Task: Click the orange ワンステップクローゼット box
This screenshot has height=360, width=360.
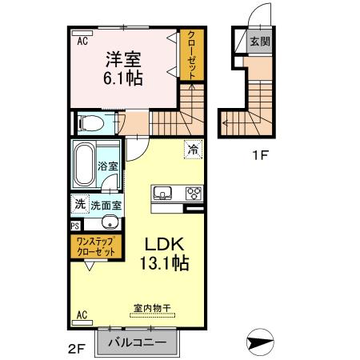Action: [x=94, y=246]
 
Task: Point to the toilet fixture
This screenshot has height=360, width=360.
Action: [x=94, y=124]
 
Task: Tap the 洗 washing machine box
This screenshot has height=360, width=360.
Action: [x=79, y=204]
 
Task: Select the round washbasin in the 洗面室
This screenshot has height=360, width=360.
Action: [x=111, y=222]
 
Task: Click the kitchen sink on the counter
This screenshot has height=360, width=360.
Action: [x=162, y=192]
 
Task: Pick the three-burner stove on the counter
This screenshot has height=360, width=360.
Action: [x=193, y=192]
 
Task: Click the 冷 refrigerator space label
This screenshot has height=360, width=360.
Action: [x=192, y=148]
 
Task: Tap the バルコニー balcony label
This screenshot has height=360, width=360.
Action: [x=138, y=342]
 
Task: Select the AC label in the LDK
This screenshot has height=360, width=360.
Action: [x=82, y=315]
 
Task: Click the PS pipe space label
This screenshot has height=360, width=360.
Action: [x=74, y=226]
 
